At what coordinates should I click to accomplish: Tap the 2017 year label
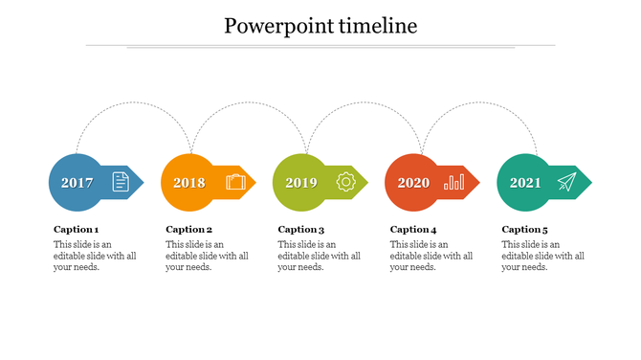click(77, 183)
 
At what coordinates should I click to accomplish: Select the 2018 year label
click(188, 183)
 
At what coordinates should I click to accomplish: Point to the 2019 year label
click(300, 183)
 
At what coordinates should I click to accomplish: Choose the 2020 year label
click(413, 183)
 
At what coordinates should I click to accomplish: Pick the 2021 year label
click(525, 183)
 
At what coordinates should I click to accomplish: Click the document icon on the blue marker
click(120, 181)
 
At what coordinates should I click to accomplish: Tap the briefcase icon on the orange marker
click(235, 181)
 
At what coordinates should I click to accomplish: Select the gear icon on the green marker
click(345, 181)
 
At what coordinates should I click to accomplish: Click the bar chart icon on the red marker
click(454, 181)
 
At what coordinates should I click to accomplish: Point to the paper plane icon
click(567, 181)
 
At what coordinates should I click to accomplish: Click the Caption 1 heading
click(76, 230)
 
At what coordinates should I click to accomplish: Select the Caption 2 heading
click(188, 230)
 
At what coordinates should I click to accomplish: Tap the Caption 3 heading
click(300, 230)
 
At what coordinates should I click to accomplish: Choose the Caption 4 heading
click(413, 230)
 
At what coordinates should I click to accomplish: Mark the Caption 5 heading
click(525, 230)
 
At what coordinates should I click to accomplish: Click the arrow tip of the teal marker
click(586, 182)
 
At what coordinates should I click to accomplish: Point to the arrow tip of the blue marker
click(139, 182)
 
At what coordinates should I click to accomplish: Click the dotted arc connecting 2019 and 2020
click(364, 103)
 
